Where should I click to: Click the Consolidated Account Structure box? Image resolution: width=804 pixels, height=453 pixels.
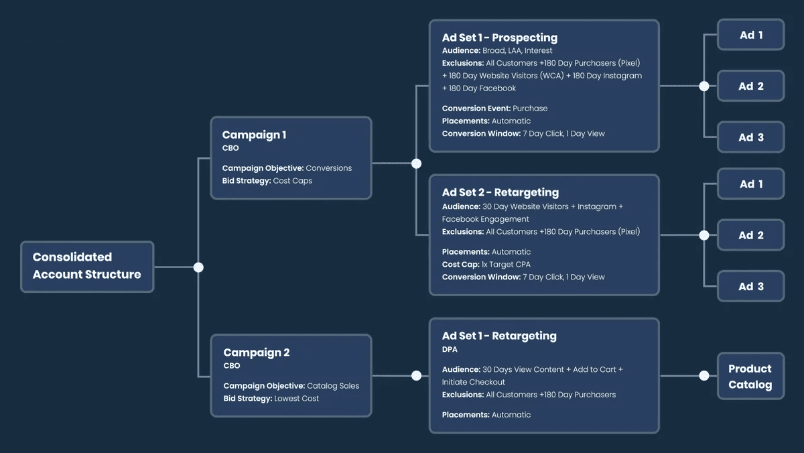(87, 267)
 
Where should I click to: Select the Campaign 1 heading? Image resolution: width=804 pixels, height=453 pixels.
(254, 135)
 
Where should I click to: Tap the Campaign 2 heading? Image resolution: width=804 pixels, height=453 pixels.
(256, 352)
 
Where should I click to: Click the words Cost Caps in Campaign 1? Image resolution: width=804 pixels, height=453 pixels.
(293, 180)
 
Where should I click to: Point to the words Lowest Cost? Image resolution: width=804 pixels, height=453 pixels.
(296, 399)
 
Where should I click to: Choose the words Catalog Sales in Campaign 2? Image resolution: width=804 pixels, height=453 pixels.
(333, 386)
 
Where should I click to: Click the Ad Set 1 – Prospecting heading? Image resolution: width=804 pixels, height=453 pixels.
(500, 38)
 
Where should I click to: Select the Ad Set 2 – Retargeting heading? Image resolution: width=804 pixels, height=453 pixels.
(500, 192)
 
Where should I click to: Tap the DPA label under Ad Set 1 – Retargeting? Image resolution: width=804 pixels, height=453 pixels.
(450, 349)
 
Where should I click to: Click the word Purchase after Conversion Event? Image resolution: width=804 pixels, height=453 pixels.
(530, 109)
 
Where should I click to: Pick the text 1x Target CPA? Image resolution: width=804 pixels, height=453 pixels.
(506, 265)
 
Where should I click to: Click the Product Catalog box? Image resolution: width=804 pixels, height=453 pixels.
(751, 376)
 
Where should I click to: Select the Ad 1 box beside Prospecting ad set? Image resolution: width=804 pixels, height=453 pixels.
(751, 35)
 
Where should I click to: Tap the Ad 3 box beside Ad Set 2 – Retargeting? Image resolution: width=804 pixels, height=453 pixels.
(751, 286)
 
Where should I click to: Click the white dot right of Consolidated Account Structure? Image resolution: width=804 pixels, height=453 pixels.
(198, 267)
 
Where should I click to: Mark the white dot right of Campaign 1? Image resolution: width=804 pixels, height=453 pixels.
(416, 164)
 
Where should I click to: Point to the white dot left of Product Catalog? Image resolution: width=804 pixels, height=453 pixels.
(704, 376)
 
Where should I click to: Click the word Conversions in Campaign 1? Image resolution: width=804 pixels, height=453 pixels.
(329, 168)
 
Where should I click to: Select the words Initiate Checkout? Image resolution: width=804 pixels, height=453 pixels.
(474, 382)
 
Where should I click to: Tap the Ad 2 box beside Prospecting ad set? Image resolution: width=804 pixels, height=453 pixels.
(751, 86)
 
